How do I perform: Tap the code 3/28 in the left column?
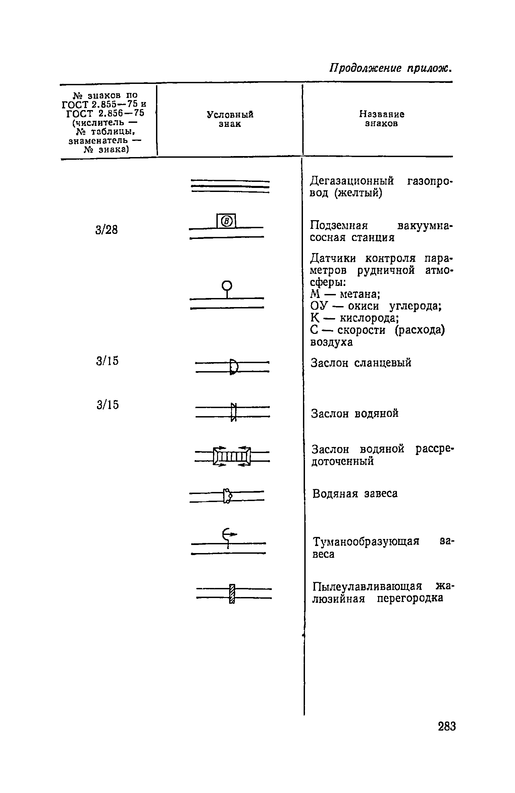click(107, 230)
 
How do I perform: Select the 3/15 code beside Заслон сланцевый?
click(107, 361)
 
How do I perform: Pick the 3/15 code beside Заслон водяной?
click(107, 405)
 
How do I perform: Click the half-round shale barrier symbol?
click(234, 367)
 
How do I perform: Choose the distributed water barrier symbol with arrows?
click(232, 456)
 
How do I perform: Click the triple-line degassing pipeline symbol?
click(230, 187)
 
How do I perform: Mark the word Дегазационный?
click(352, 182)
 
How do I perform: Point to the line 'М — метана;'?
click(345, 294)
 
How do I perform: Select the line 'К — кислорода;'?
click(355, 318)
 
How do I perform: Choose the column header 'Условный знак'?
click(230, 119)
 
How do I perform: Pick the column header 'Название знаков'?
click(382, 119)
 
